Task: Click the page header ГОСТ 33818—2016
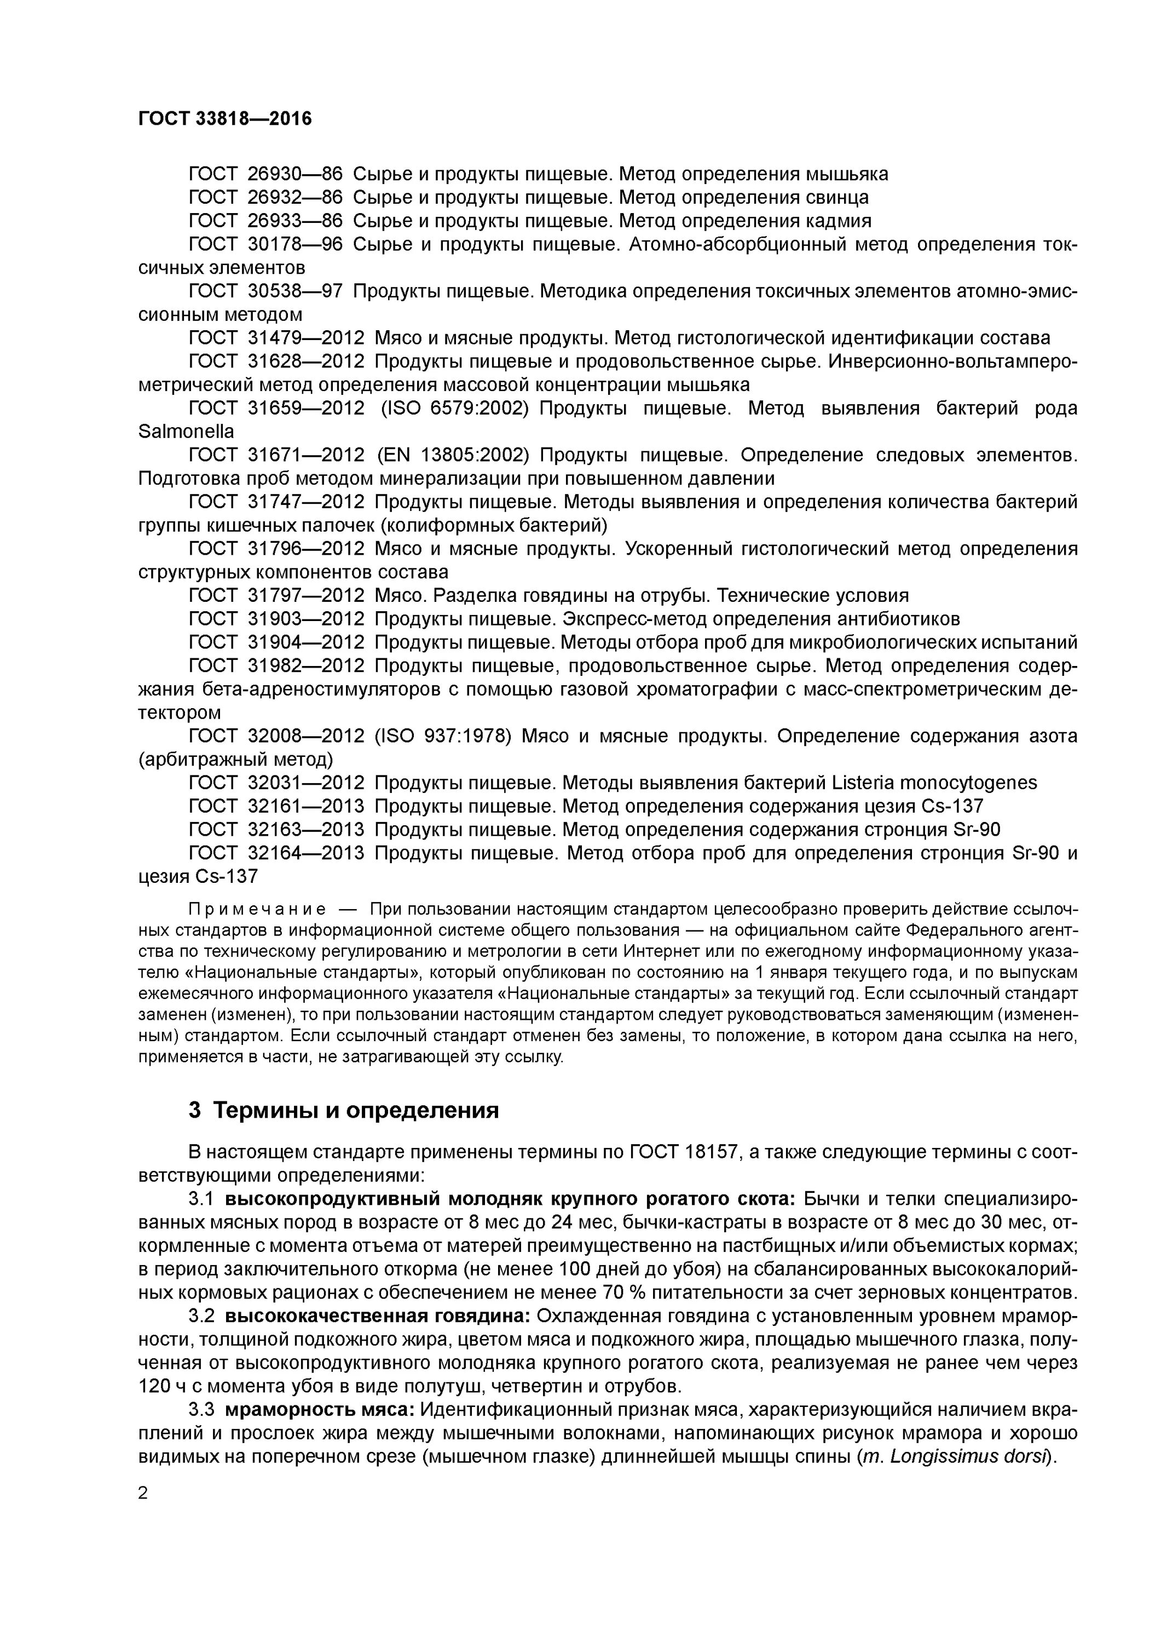coord(224,119)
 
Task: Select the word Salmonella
coord(186,432)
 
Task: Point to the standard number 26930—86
coord(294,174)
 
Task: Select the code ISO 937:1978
coord(443,737)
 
